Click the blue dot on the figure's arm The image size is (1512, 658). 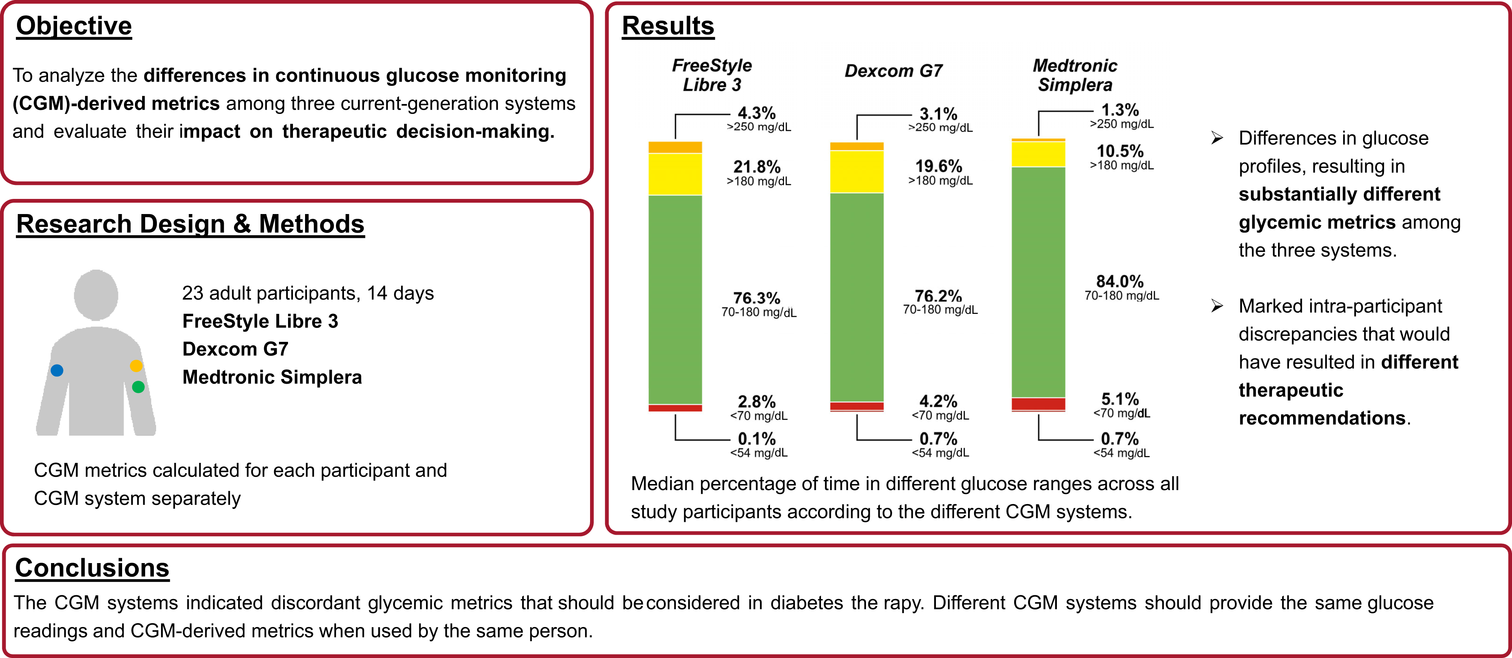tap(57, 370)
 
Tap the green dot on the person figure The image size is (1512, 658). tap(138, 387)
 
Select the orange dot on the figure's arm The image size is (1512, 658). tap(136, 366)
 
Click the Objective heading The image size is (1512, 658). tap(74, 26)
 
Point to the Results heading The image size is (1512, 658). tap(668, 26)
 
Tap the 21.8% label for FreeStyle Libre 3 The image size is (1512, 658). tap(757, 167)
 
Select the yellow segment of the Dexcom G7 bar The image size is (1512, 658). tap(857, 171)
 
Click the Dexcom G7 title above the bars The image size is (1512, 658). tap(893, 71)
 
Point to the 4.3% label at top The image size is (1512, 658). tap(757, 113)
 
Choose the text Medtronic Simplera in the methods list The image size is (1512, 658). tap(272, 377)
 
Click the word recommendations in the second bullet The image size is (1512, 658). tap(1322, 418)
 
